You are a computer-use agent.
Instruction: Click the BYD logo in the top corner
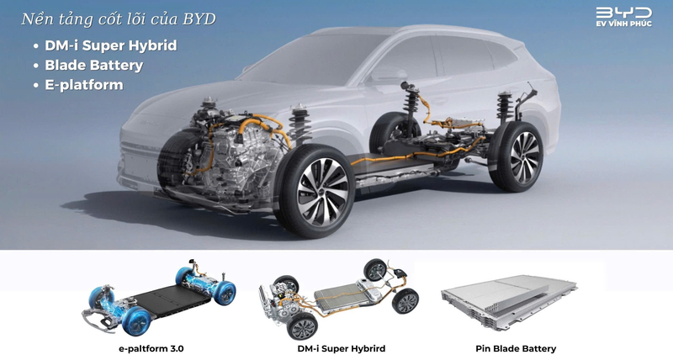tap(623, 13)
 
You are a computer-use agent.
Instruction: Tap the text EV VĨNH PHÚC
tap(623, 27)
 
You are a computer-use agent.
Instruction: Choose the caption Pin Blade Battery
tap(516, 348)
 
